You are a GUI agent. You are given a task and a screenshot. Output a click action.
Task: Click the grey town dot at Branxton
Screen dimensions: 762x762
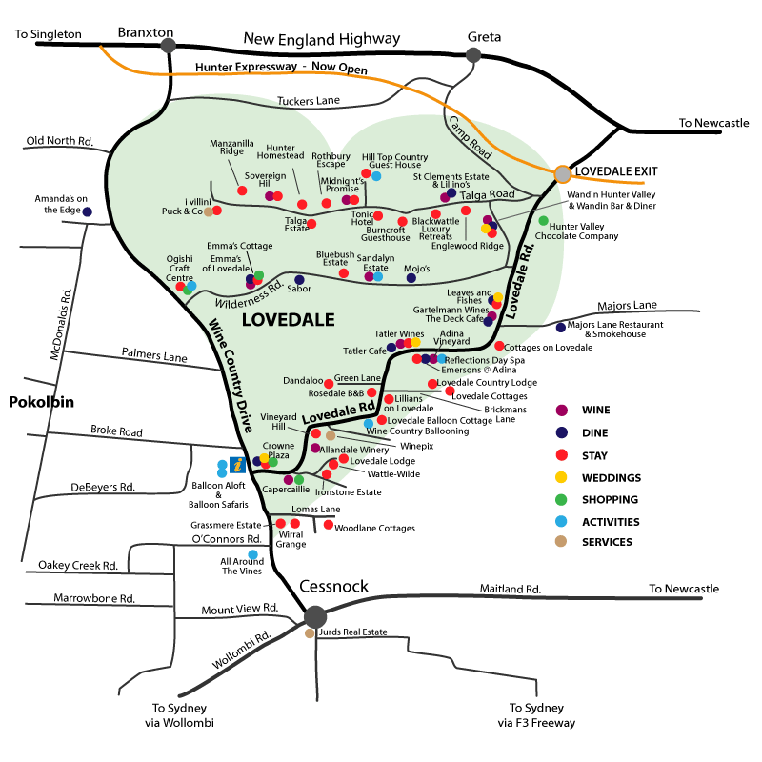[169, 45]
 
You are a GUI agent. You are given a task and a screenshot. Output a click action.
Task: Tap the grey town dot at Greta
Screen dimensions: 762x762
[473, 55]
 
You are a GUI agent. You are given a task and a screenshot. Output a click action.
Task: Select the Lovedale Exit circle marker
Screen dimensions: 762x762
[563, 173]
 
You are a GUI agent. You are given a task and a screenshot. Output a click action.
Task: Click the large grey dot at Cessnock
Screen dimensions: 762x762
[315, 617]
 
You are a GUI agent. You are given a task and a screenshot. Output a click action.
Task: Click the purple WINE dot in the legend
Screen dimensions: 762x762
[562, 411]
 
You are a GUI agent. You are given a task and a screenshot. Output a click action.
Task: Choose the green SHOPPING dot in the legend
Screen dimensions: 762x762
[562, 499]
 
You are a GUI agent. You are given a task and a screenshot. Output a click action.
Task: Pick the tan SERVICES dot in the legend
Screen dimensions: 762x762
[562, 542]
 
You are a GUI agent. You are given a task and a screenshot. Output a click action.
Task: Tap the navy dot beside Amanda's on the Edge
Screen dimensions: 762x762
[87, 211]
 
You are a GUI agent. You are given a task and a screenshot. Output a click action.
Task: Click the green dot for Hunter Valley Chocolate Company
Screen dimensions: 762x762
[544, 221]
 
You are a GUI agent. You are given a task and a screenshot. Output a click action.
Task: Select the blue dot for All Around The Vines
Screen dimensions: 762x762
[252, 554]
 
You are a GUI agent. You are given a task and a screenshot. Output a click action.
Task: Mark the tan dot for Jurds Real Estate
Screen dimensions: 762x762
[310, 632]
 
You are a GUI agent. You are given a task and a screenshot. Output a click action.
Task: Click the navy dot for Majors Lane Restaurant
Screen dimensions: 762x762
[561, 328]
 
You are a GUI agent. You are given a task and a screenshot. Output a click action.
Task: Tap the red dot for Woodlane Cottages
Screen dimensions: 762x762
[329, 525]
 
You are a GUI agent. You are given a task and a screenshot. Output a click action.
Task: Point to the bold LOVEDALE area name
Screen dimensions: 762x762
[285, 320]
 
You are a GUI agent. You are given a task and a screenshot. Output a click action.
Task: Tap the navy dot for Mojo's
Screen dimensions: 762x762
[411, 278]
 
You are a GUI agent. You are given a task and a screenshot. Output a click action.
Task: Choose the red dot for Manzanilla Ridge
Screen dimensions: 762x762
[242, 190]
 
